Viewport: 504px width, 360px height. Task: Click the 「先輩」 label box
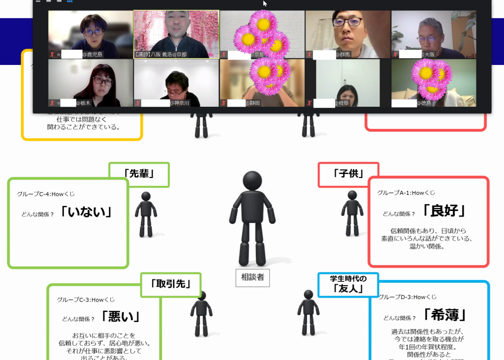click(x=139, y=174)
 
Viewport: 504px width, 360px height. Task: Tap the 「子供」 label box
click(x=348, y=174)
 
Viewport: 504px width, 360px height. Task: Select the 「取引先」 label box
click(x=171, y=284)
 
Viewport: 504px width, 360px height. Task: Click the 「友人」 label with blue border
click(x=348, y=285)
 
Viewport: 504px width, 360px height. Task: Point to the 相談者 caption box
click(x=252, y=277)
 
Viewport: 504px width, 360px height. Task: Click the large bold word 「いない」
click(x=87, y=212)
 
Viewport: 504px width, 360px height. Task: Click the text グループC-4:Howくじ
click(x=46, y=194)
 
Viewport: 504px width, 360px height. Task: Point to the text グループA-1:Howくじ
click(x=406, y=193)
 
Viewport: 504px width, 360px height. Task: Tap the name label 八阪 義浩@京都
click(x=161, y=55)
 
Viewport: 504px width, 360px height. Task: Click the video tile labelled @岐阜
click(x=347, y=83)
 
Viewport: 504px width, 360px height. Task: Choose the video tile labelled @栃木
click(x=91, y=83)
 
